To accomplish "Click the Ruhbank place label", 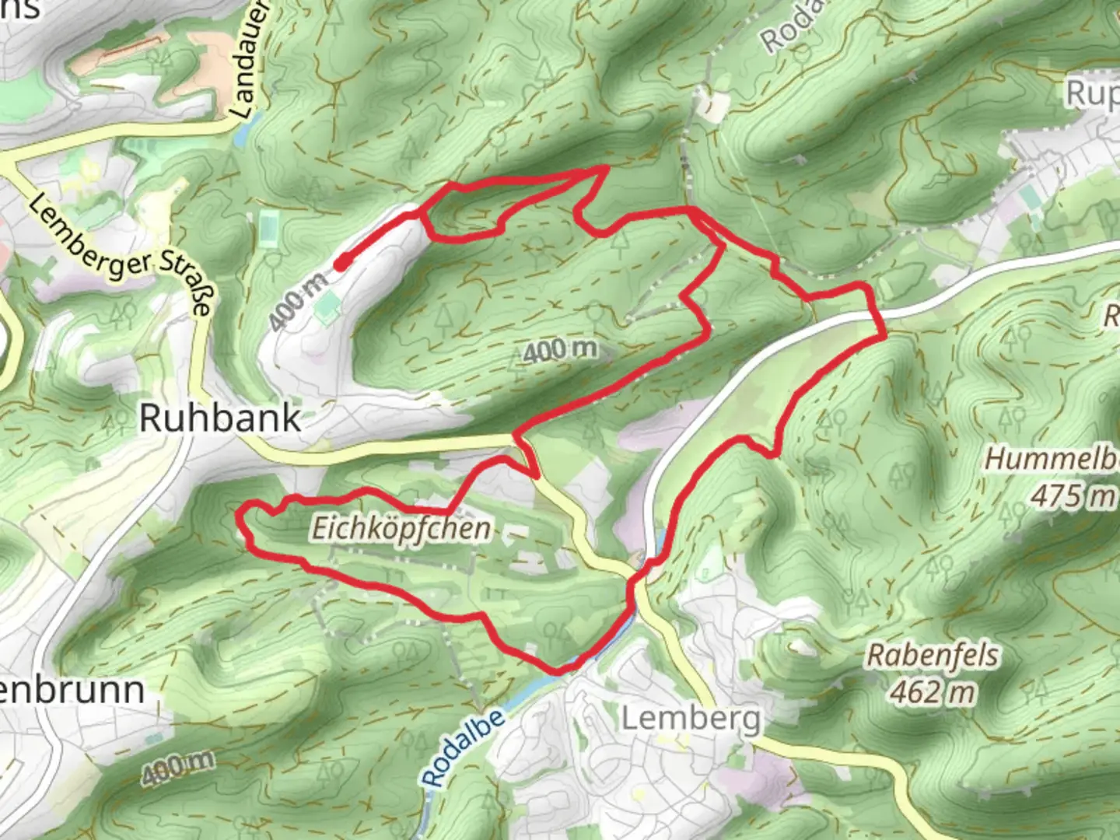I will pyautogui.click(x=220, y=418).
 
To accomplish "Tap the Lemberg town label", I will pyautogui.click(x=691, y=719).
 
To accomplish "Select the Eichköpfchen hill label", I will pyautogui.click(x=401, y=529).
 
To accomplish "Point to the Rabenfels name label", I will pyautogui.click(x=933, y=655).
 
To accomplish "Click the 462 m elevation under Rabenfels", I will pyautogui.click(x=933, y=691).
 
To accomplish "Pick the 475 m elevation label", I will pyautogui.click(x=1073, y=495).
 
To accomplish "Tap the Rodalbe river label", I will pyautogui.click(x=464, y=747).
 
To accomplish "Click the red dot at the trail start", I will pyautogui.click(x=341, y=264).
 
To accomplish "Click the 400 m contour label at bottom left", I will pyautogui.click(x=178, y=768).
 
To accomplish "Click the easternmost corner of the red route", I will pyautogui.click(x=885, y=337).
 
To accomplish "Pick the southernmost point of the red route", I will pyautogui.click(x=558, y=670).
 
